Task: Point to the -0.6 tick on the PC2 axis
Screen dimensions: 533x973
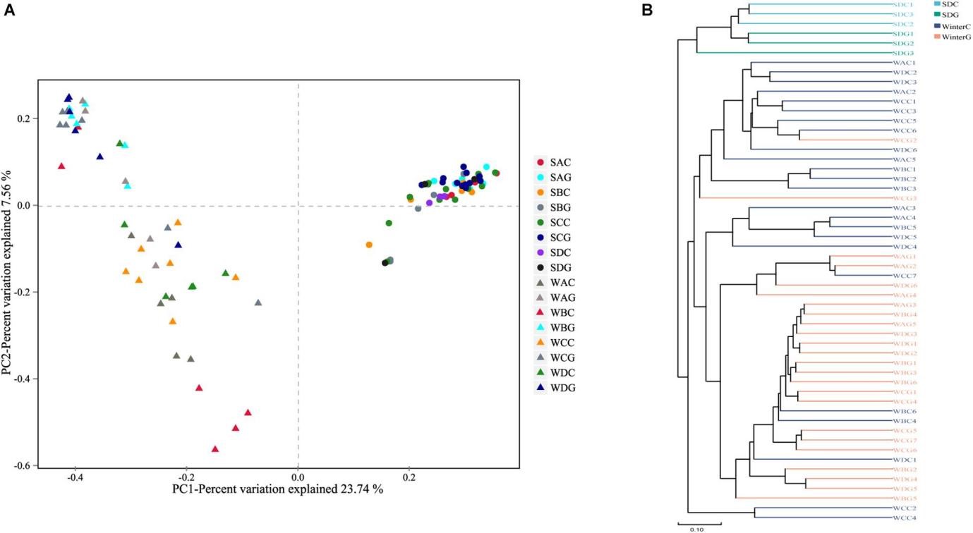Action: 25,466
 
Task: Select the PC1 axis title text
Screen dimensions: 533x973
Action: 277,489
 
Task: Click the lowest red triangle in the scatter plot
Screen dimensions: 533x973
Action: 215,449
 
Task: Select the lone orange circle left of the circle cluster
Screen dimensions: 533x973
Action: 369,245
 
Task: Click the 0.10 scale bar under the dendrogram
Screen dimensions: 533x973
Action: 697,525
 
